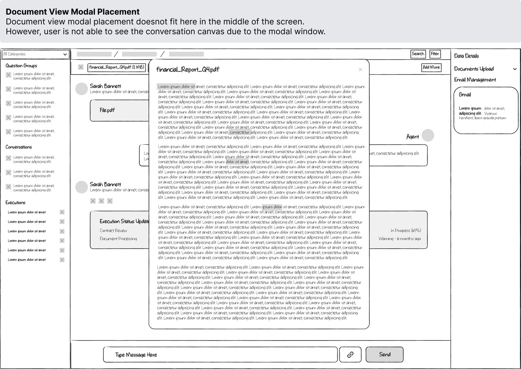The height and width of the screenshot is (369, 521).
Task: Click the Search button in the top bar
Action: point(418,54)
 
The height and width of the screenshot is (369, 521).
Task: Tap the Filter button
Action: point(435,54)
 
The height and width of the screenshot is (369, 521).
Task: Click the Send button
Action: point(384,354)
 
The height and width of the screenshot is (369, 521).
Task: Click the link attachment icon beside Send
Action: point(350,354)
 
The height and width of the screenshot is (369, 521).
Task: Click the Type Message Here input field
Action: point(220,355)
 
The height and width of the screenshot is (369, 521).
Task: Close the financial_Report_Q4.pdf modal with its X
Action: point(360,69)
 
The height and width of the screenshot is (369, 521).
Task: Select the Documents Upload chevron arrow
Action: point(515,69)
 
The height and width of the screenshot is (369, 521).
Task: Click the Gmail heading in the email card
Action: point(465,95)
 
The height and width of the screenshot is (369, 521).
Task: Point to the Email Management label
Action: point(475,80)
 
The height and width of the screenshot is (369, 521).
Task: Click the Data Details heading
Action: point(466,56)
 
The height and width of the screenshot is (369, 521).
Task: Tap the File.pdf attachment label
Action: point(107,110)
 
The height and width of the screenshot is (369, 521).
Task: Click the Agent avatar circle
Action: point(428,135)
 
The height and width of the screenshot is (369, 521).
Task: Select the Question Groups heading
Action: point(21,66)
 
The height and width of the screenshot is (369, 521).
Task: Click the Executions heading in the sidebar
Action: point(15,203)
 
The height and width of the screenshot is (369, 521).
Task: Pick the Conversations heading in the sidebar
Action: point(19,147)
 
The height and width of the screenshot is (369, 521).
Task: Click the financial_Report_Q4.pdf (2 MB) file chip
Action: point(116,67)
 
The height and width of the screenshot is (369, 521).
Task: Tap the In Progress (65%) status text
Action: point(406,230)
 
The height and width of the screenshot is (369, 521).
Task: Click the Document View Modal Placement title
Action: point(73,12)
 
